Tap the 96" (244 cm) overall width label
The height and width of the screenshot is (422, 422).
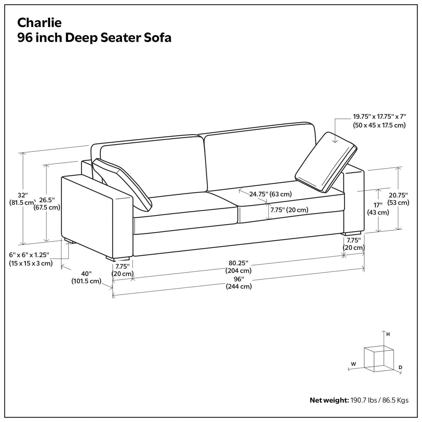[238, 283]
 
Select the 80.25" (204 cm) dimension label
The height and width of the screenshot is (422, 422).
[238, 267]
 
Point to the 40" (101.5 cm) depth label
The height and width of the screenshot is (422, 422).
[86, 277]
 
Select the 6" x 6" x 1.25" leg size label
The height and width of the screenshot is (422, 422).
[31, 259]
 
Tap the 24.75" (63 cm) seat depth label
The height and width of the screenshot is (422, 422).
[270, 194]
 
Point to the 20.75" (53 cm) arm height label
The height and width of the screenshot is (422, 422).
[398, 199]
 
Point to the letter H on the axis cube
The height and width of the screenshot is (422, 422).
[388, 334]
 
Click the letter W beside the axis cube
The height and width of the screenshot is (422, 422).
[353, 364]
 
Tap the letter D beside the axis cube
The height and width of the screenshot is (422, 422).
[400, 367]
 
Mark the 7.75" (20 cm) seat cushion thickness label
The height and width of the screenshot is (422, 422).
[289, 210]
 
